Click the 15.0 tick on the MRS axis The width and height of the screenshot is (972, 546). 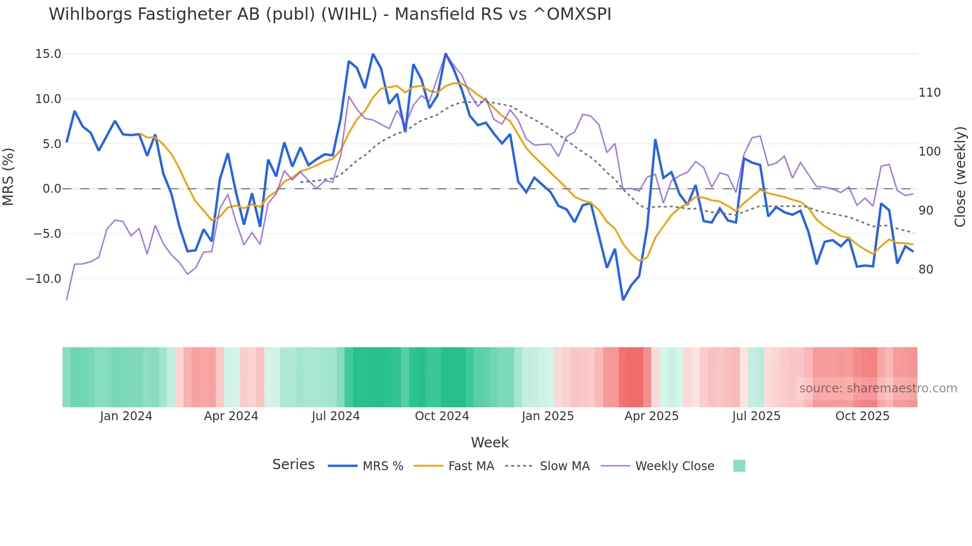coord(48,54)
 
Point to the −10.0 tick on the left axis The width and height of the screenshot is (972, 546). coord(44,279)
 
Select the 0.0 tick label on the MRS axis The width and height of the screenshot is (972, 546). coord(52,189)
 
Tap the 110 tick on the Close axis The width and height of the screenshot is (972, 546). coord(929,93)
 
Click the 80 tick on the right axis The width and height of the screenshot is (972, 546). coord(926,270)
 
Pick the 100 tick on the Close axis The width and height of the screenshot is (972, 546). coord(929,152)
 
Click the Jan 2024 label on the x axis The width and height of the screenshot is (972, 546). coord(126,416)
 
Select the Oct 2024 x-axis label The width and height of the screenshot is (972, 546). coord(442,416)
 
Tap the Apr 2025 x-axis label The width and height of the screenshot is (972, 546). coord(651,416)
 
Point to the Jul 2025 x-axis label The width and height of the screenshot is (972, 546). coord(756,416)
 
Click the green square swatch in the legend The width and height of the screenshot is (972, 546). coord(739,466)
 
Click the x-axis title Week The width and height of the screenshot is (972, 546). coord(489,442)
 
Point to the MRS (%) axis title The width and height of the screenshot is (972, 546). coord(8,176)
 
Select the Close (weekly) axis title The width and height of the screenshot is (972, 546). coord(961,176)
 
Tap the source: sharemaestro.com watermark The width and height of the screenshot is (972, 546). coord(878,388)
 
